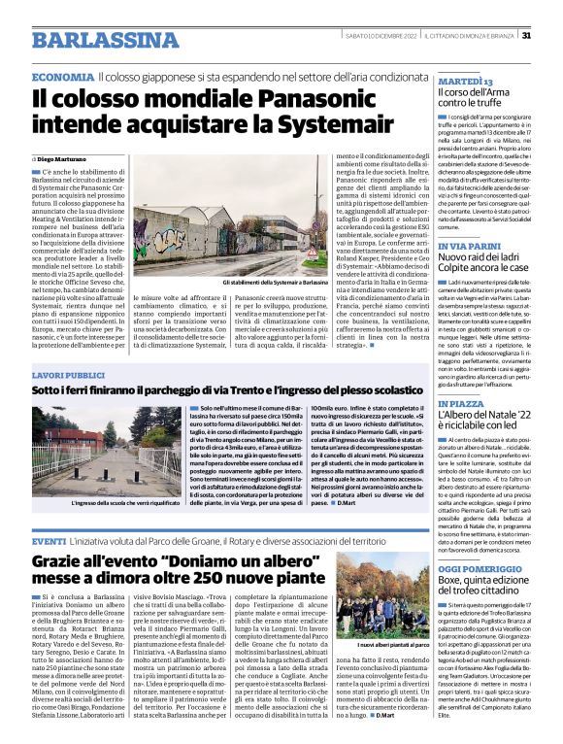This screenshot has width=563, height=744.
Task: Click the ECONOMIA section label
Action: tap(62, 76)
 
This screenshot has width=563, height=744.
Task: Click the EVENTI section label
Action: tap(48, 540)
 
